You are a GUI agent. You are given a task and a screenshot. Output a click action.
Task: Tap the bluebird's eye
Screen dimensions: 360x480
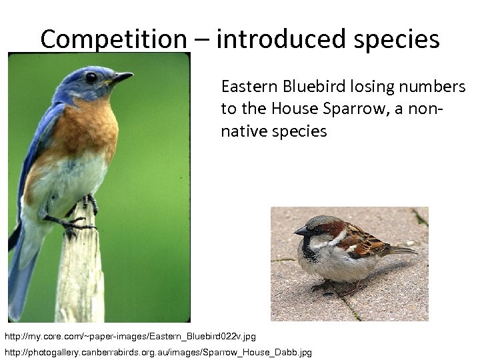click(91, 77)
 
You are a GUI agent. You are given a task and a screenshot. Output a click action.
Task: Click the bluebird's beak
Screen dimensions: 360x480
click(122, 79)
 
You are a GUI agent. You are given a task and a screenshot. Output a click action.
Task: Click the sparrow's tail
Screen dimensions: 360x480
click(400, 250)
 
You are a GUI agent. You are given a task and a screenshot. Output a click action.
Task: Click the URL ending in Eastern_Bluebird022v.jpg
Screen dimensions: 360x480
click(130, 336)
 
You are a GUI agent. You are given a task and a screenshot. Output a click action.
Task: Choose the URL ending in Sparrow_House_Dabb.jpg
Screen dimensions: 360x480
click(158, 351)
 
